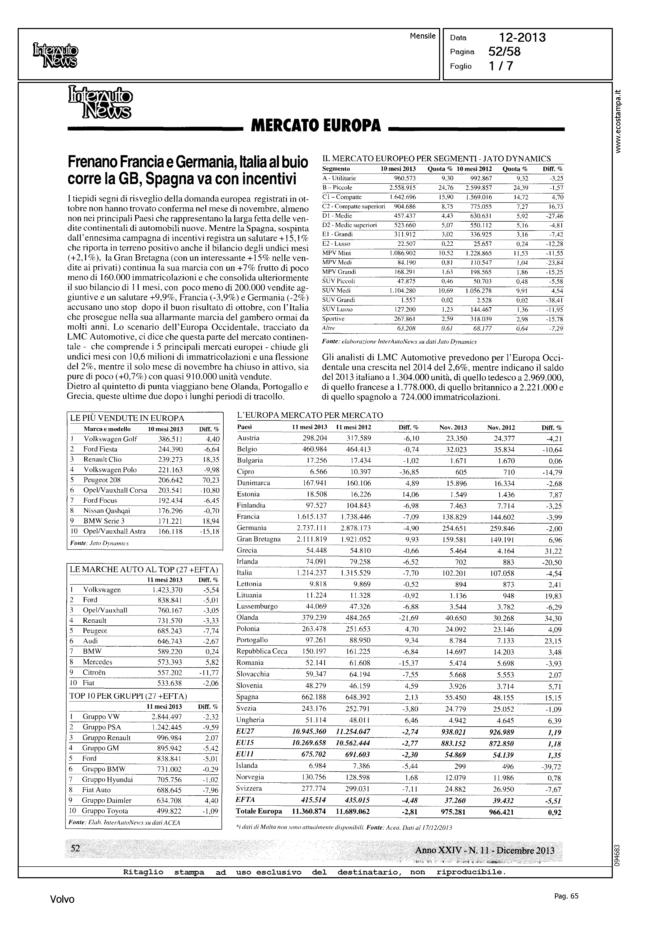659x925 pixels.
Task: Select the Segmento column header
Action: click(336, 169)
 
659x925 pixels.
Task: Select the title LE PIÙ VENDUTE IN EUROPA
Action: click(127, 418)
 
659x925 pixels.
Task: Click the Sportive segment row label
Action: click(333, 319)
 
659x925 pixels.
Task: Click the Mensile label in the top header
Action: click(422, 36)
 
